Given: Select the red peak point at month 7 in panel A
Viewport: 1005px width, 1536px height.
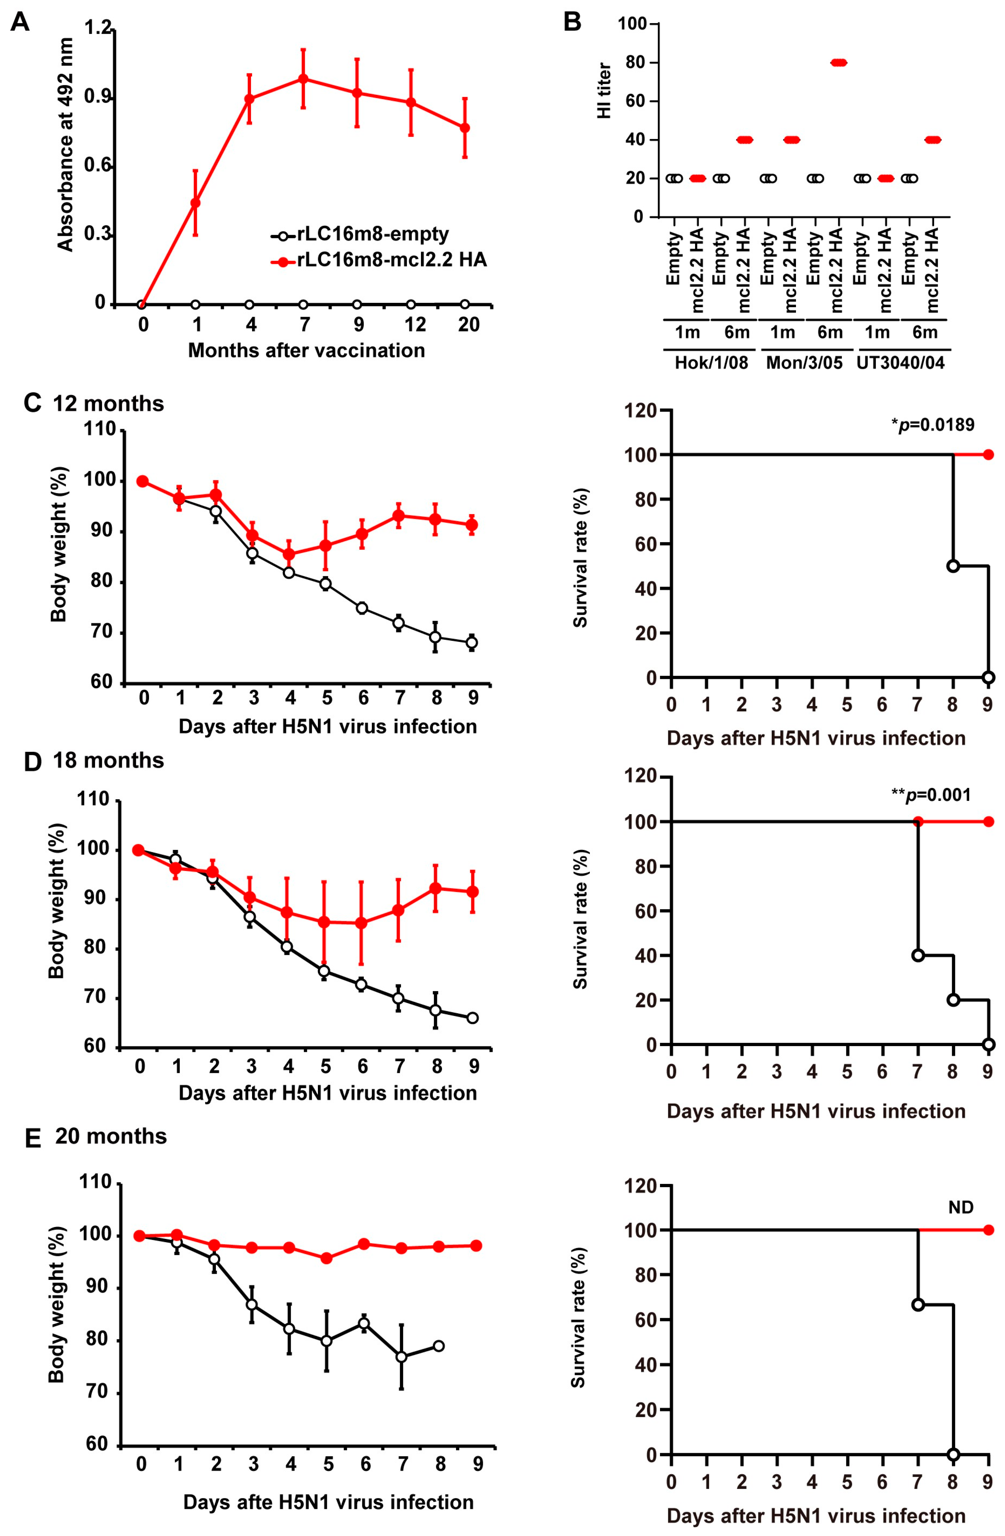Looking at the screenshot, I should click(303, 79).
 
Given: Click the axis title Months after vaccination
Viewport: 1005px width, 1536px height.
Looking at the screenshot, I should click(306, 351).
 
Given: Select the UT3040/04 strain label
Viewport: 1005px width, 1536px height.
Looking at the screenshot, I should click(900, 363).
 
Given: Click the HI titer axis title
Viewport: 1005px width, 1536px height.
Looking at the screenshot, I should click(604, 90).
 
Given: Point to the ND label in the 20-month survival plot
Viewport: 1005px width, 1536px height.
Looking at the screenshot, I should click(961, 1207).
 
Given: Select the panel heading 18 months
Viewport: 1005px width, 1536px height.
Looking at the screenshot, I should click(108, 760).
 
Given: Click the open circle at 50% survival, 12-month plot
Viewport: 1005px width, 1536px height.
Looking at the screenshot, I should click(953, 566).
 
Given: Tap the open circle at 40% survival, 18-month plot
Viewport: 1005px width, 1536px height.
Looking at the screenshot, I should click(918, 955).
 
